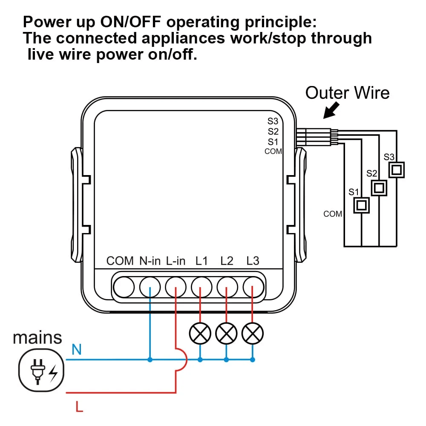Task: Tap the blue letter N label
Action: point(77,350)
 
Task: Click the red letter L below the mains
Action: point(79,407)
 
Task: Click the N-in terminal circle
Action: point(150,286)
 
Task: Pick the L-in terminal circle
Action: point(176,286)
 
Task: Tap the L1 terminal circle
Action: point(201,286)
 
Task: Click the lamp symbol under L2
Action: point(227,333)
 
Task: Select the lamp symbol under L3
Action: point(253,333)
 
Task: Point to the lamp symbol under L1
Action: point(201,333)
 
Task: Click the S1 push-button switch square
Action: point(361,205)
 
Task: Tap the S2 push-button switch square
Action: point(379,187)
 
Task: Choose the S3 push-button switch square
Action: point(396,170)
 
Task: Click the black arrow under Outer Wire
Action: point(332,110)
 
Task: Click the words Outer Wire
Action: point(347,92)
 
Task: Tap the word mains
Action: point(37,337)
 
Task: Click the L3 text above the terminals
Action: point(253,261)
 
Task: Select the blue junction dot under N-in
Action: point(150,360)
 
